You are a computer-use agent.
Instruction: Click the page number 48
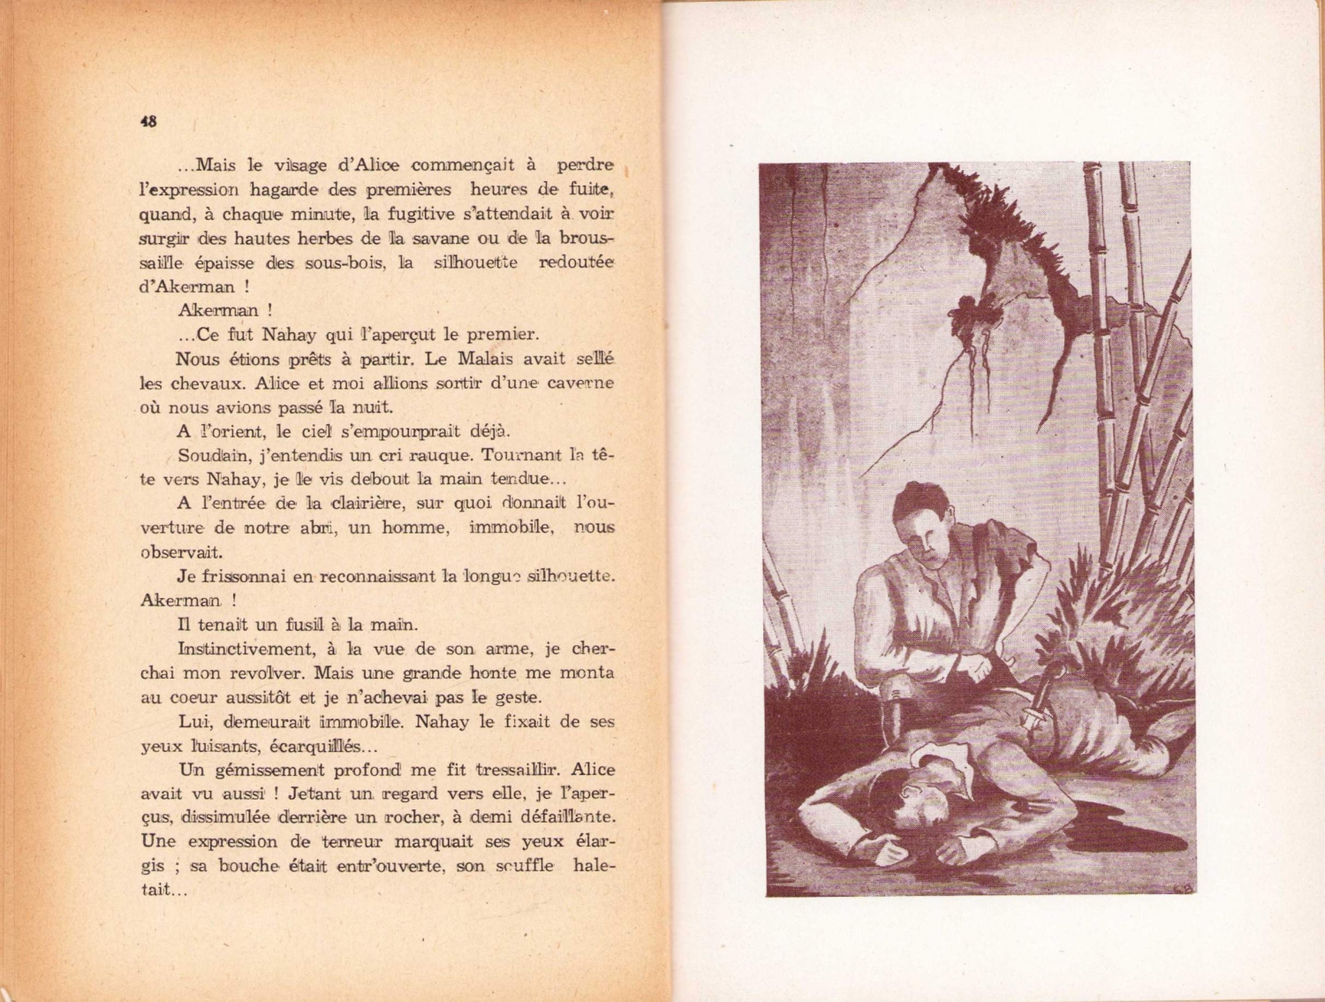tap(148, 123)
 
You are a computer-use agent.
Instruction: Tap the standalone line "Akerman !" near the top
tap(225, 310)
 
